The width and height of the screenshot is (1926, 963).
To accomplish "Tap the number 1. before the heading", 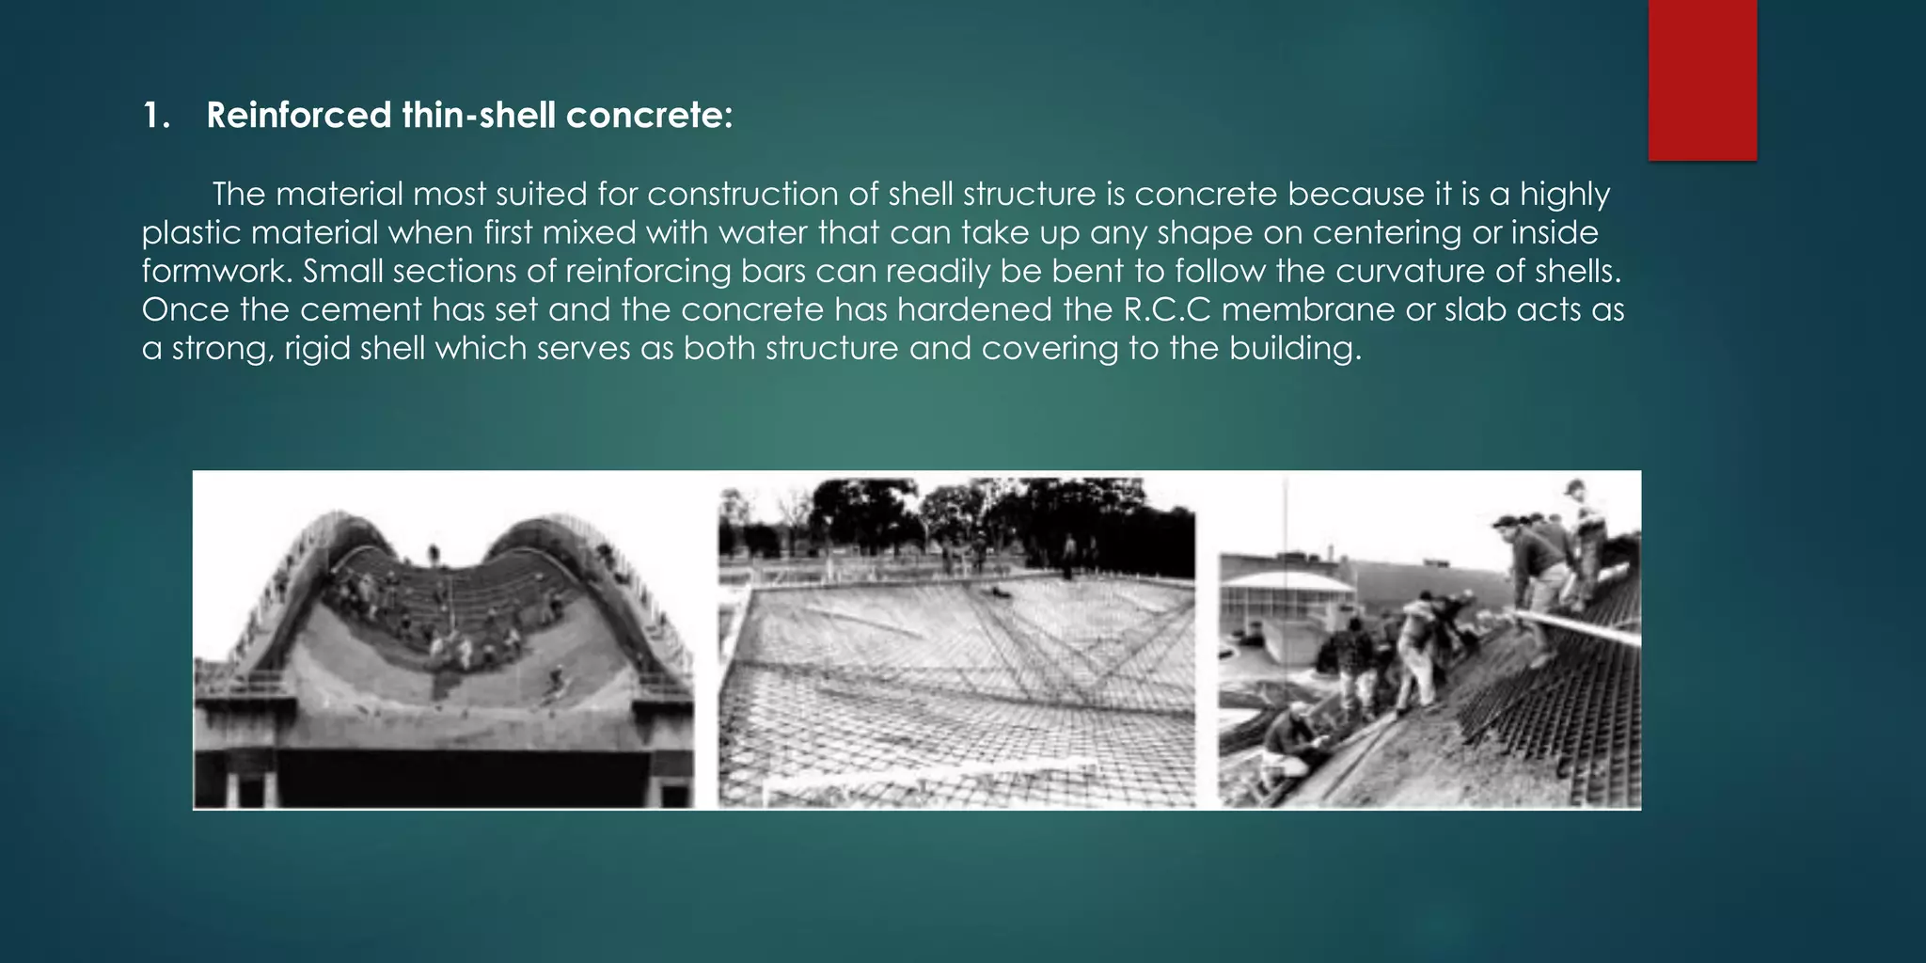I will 156,116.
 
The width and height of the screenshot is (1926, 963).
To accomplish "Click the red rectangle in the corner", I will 1702,79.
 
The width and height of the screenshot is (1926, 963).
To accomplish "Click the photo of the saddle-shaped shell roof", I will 444,639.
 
